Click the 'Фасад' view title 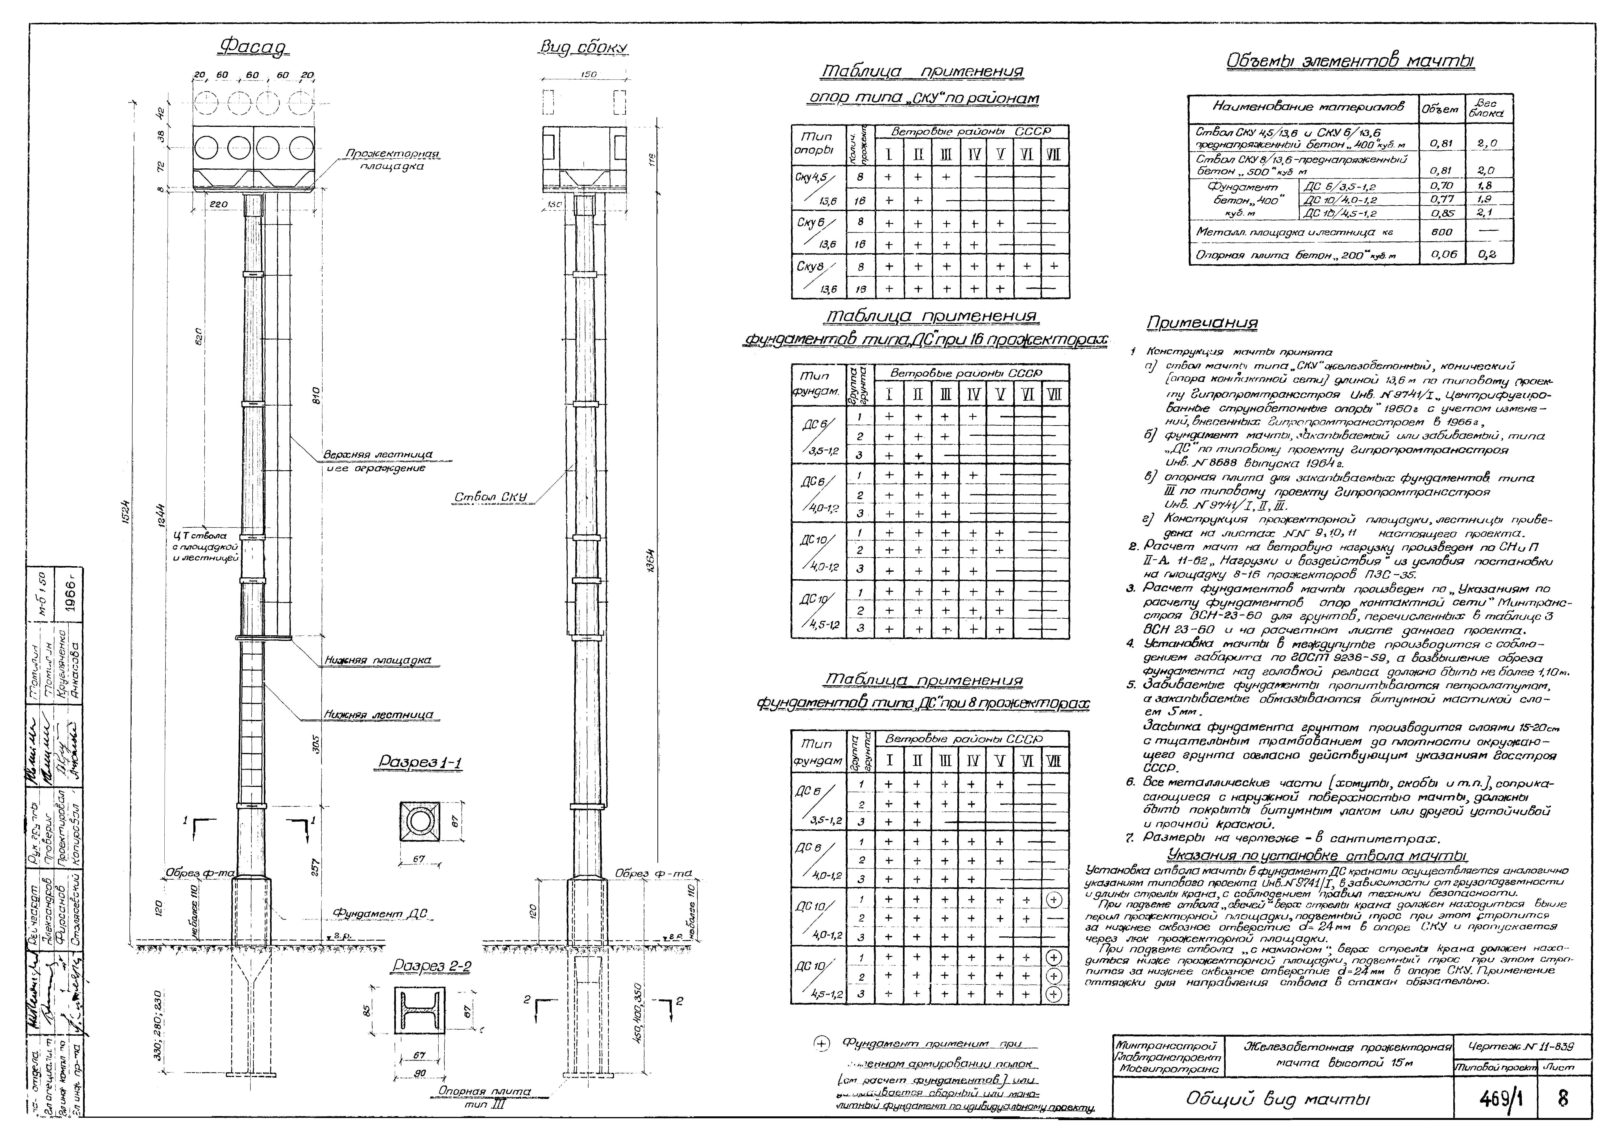[x=255, y=47]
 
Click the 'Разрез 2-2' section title [x=432, y=966]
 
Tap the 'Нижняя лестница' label [x=378, y=715]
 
